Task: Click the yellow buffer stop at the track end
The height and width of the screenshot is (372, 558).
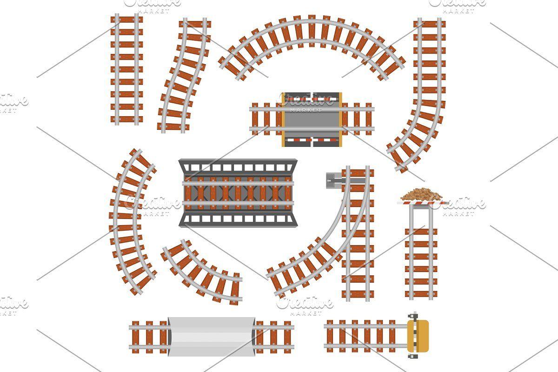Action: click(418, 336)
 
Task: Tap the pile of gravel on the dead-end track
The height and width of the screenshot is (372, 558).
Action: click(421, 195)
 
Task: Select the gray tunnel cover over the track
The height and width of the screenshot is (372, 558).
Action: click(211, 336)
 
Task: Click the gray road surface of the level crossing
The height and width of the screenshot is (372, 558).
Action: click(312, 120)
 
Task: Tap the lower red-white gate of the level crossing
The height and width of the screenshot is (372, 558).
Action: click(312, 140)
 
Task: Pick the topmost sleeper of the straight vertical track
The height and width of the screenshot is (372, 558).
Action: click(127, 20)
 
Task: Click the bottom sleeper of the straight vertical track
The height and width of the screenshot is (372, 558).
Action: click(127, 119)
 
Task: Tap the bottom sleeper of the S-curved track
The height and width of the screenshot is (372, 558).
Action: click(173, 126)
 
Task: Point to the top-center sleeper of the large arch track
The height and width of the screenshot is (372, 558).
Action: click(312, 31)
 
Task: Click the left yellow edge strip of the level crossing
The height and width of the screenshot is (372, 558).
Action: click(283, 120)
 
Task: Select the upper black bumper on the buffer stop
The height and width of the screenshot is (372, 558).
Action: click(413, 316)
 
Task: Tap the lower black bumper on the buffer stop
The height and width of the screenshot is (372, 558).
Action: click(413, 356)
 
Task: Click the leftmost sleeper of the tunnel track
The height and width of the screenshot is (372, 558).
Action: click(135, 337)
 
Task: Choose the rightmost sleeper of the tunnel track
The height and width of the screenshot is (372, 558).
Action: click(287, 337)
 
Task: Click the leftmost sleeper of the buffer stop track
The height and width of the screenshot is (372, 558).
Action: click(330, 336)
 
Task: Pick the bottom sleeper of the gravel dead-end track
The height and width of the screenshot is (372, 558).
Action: click(421, 294)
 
